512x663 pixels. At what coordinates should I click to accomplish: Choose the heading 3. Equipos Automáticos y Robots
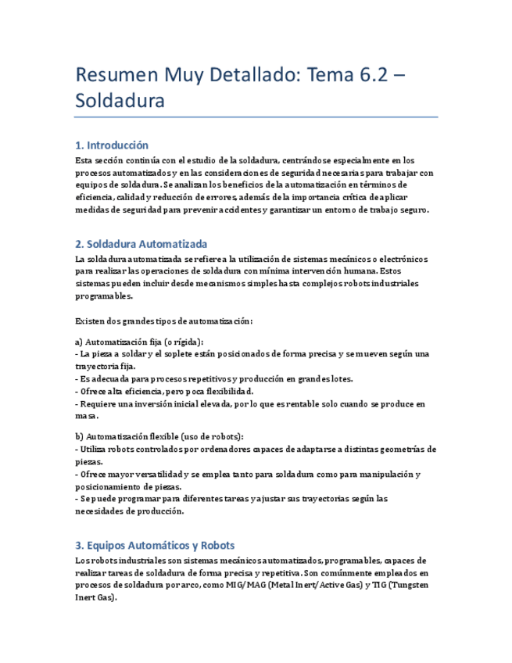coord(155,545)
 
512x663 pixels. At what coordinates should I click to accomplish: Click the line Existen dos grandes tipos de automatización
coord(163,321)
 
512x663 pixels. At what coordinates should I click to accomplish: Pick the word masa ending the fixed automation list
coord(86,416)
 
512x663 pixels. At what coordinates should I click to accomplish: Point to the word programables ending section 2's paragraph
coord(103,296)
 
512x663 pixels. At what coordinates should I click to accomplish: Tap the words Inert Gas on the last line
coord(94,597)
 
